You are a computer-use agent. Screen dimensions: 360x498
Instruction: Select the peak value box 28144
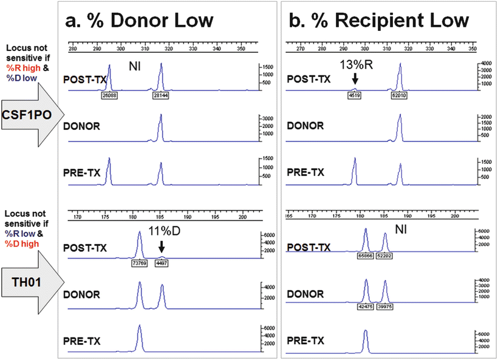(160, 95)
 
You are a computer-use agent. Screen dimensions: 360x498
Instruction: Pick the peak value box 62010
(399, 95)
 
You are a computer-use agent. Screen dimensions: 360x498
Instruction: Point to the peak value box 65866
(365, 256)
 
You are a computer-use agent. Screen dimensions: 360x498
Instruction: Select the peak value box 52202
(386, 256)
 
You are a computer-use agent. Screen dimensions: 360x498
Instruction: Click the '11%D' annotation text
(162, 231)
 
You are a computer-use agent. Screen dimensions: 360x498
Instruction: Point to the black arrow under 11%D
(161, 246)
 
